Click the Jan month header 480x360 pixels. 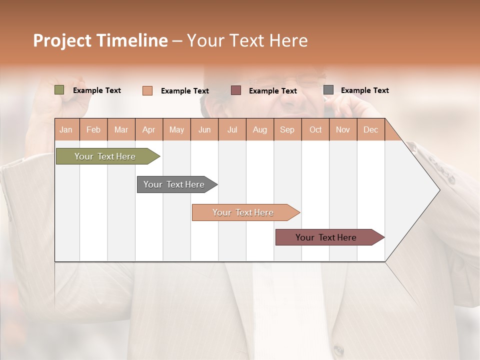click(66, 129)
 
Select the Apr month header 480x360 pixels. click(148, 129)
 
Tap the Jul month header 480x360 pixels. click(232, 129)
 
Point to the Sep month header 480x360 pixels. click(287, 129)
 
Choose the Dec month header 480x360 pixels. click(370, 129)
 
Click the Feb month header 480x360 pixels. click(93, 129)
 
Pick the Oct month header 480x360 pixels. click(315, 129)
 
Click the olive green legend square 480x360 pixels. click(59, 90)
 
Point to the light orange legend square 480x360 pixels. click(147, 90)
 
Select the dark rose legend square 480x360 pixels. click(236, 90)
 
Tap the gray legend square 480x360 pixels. click(328, 90)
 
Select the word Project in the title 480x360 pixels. click(62, 40)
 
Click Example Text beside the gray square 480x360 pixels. click(364, 90)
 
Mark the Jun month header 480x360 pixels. click(204, 129)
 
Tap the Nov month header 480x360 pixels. click(343, 129)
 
